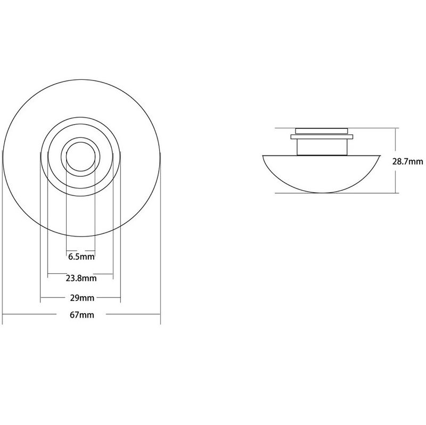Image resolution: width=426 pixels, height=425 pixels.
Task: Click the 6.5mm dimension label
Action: point(81,257)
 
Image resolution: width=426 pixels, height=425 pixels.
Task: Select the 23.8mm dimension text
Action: point(81,278)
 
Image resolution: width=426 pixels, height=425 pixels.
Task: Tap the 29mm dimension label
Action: point(82,298)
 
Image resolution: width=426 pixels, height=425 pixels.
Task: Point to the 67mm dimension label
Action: point(82,315)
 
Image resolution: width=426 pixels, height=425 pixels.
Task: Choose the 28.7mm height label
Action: point(407,162)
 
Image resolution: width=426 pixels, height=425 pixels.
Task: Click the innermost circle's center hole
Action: point(81,157)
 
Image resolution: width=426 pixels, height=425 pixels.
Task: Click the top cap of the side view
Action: point(322,131)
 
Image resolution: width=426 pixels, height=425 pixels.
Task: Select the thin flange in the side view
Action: point(322,137)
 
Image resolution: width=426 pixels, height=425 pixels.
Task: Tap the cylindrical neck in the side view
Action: point(322,148)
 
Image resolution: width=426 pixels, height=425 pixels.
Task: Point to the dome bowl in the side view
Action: point(321,174)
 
